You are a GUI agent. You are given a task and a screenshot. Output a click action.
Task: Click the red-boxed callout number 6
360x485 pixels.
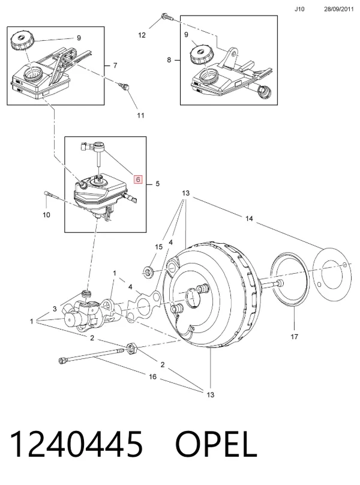138,179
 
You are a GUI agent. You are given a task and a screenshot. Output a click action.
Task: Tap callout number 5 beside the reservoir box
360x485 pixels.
157,184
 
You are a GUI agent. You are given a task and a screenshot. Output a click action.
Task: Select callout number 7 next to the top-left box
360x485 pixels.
115,65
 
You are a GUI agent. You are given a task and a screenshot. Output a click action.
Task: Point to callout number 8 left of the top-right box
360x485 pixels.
169,59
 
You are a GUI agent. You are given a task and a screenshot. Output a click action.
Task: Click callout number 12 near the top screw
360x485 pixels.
142,35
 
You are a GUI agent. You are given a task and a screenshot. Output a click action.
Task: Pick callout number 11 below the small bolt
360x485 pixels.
141,116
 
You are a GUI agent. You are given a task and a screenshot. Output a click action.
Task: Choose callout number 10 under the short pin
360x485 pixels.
46,215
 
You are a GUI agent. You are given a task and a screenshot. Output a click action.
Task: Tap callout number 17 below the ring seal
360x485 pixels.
294,337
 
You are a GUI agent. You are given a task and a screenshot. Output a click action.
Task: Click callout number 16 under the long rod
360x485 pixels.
153,377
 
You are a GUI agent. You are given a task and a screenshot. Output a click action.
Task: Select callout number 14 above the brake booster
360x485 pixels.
249,218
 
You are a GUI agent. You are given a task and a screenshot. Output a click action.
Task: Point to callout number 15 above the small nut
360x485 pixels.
158,247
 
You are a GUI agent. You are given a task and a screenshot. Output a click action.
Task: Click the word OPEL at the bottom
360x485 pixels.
216,444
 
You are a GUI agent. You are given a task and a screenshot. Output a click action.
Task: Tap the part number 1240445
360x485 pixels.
76,444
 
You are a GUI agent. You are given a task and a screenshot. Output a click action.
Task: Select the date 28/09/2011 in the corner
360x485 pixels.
338,9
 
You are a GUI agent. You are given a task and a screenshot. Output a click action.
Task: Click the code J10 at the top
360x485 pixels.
299,9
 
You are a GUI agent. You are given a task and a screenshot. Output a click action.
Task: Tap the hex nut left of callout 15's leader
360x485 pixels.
148,272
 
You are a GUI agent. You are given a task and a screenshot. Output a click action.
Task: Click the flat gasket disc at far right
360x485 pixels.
332,274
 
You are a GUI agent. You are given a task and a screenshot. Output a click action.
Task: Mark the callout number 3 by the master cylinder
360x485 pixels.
55,309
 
